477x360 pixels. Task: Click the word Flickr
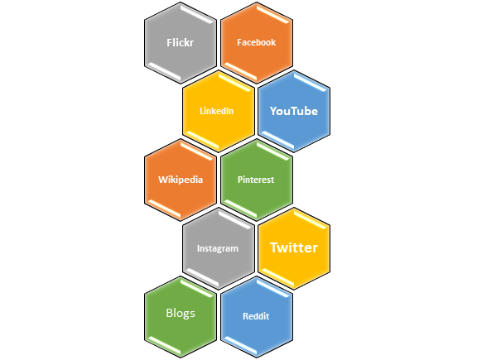(180, 42)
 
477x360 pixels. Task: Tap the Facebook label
(257, 42)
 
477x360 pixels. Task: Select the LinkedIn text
(217, 111)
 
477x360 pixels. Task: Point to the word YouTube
(294, 111)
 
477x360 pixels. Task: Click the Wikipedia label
(181, 180)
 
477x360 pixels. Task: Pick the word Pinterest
(256, 180)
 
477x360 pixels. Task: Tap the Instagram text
(218, 248)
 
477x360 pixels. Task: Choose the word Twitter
(294, 247)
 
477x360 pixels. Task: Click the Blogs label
(181, 313)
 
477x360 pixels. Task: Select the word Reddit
(256, 316)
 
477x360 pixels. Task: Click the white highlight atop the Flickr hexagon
(196, 14)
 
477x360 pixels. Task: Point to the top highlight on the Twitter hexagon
(310, 220)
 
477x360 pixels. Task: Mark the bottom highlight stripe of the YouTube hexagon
(277, 140)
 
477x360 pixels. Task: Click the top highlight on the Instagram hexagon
(234, 220)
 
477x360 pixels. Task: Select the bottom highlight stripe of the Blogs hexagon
(164, 345)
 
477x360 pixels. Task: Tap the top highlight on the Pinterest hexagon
(273, 151)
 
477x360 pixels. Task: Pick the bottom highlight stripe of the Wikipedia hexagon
(164, 209)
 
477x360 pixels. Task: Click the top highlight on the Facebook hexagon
(273, 14)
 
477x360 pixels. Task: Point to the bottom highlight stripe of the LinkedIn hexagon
(202, 140)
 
